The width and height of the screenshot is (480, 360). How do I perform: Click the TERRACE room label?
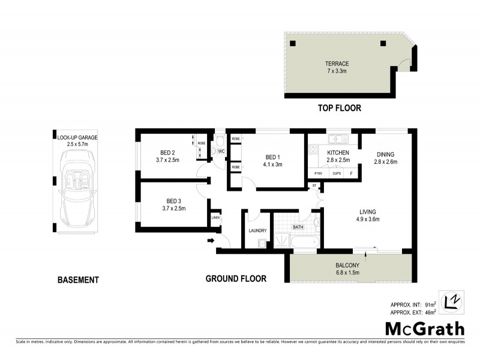[337, 64]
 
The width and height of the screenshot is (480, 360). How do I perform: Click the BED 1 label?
[273, 157]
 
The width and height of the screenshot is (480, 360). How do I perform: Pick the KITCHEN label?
[338, 152]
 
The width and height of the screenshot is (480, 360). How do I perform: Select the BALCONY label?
[348, 265]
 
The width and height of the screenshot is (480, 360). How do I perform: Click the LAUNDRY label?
[257, 230]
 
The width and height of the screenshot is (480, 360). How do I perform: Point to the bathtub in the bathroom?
[304, 242]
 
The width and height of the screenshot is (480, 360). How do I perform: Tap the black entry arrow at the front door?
[210, 241]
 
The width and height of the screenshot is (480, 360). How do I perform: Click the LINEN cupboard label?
[215, 218]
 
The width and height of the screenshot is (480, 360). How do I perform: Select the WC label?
[221, 151]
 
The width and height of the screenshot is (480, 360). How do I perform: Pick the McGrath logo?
[424, 328]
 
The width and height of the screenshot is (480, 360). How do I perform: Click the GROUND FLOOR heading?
[236, 278]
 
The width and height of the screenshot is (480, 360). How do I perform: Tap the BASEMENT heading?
[77, 280]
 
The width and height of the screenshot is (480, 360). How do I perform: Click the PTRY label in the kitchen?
[319, 174]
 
